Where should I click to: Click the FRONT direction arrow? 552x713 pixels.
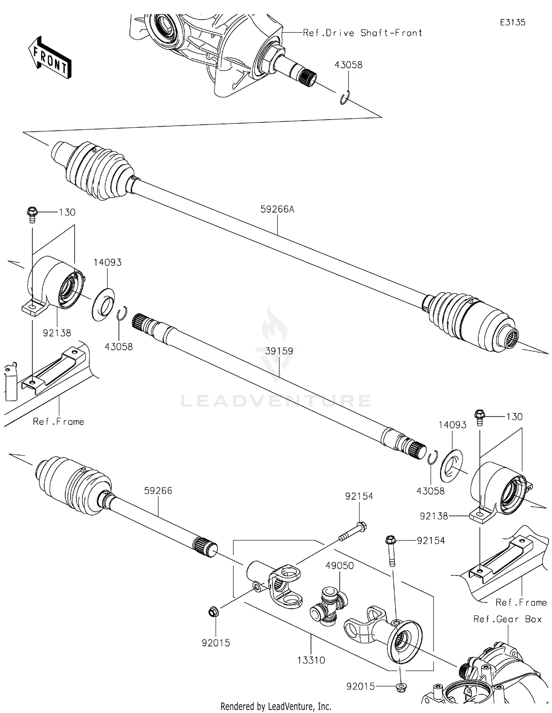click(50, 58)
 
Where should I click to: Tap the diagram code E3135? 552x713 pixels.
click(512, 23)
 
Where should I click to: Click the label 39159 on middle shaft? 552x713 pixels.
click(279, 351)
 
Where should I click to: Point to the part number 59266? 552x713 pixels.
click(158, 490)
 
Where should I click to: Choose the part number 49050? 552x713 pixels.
click(339, 565)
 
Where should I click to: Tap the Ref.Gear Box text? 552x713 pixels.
click(507, 619)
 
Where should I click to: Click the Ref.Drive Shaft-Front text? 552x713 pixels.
click(362, 33)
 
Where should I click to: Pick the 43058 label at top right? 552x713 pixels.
click(348, 65)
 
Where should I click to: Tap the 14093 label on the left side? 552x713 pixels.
click(107, 262)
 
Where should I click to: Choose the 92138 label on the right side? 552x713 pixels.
click(434, 516)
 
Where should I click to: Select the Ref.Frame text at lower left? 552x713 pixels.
click(58, 422)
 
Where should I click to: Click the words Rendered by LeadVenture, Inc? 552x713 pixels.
click(276, 706)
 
